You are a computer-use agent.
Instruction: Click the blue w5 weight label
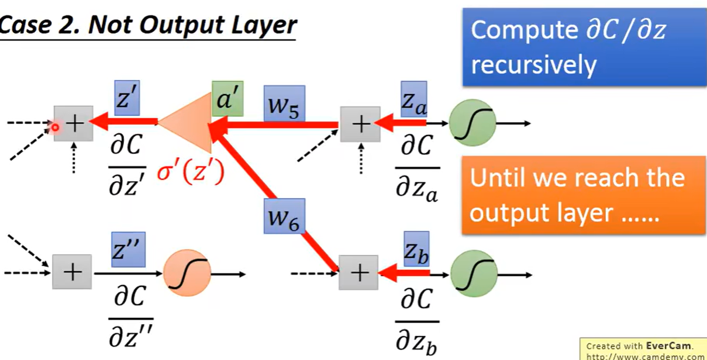pyautogui.click(x=284, y=103)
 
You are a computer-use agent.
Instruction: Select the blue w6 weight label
pyautogui.click(x=284, y=216)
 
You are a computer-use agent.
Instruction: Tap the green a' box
pyautogui.click(x=228, y=99)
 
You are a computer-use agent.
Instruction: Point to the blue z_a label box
pyautogui.click(x=413, y=99)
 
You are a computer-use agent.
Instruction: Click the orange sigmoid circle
pyautogui.click(x=184, y=274)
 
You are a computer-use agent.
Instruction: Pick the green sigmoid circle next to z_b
pyautogui.click(x=473, y=274)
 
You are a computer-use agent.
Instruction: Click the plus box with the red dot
pyautogui.click(x=74, y=123)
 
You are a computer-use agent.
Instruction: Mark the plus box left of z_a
pyautogui.click(x=360, y=124)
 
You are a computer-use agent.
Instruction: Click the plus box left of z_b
pyautogui.click(x=358, y=273)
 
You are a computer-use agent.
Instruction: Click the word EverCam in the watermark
pyautogui.click(x=668, y=346)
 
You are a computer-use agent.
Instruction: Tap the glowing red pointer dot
pyautogui.click(x=56, y=126)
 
